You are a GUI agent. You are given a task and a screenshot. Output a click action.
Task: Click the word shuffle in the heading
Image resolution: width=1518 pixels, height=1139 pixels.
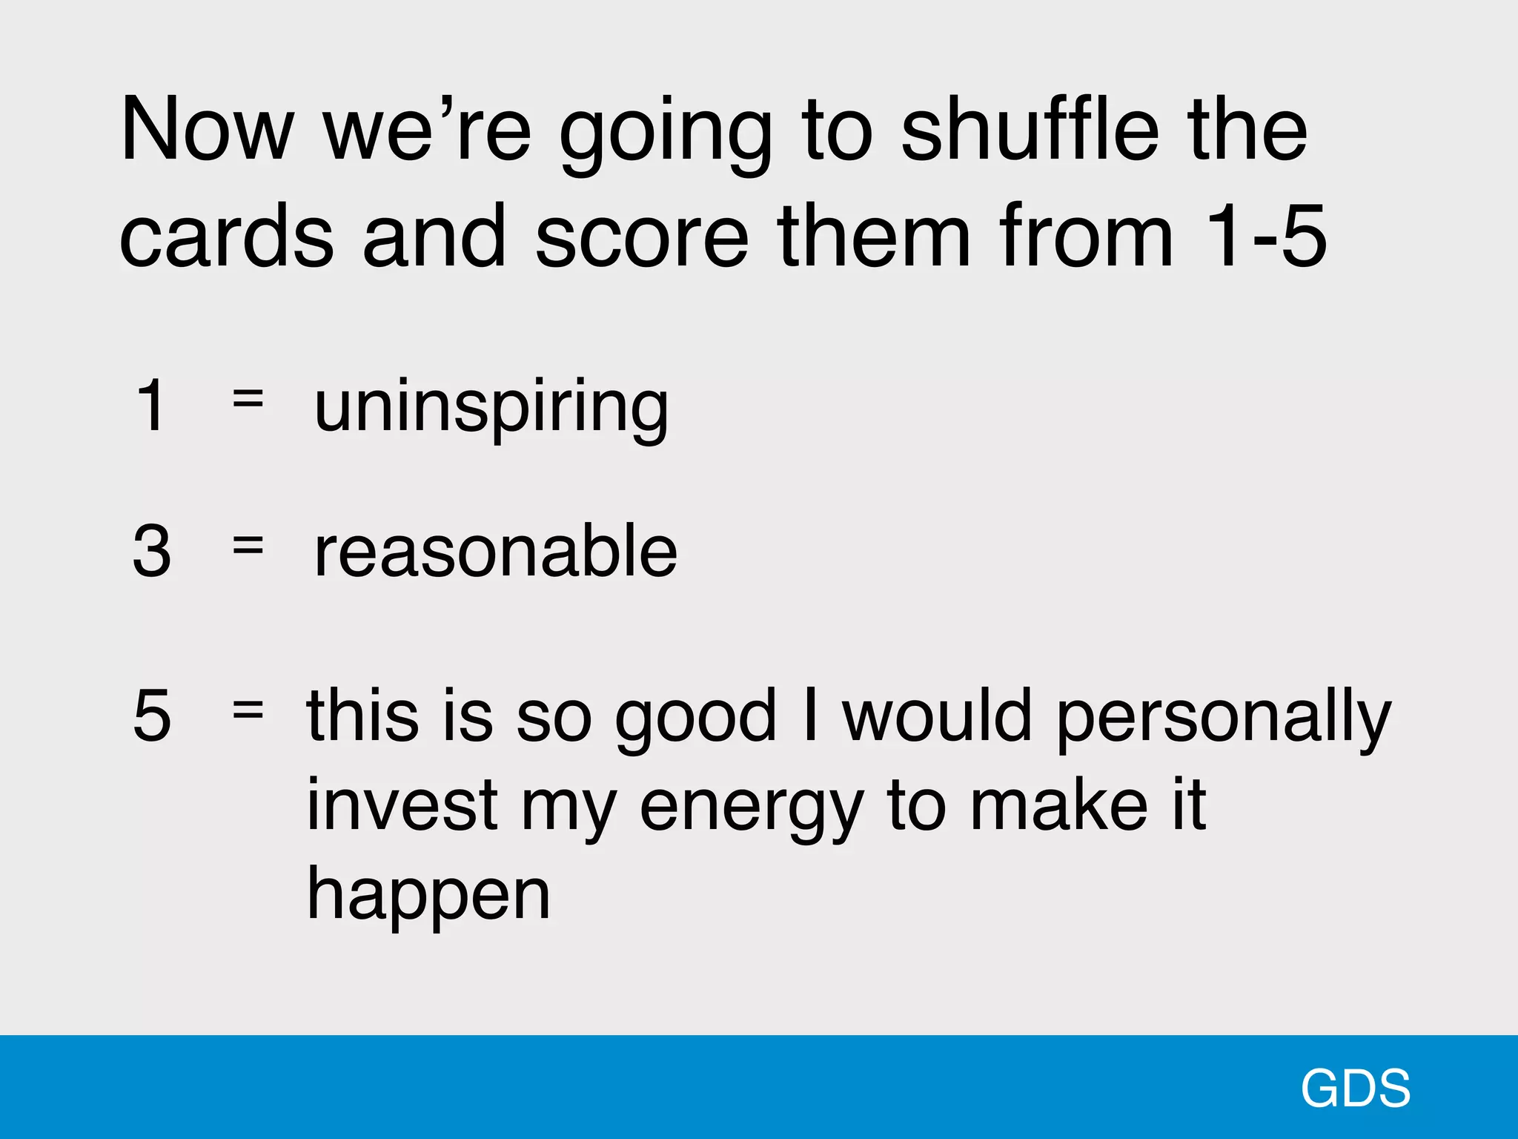coord(1030,131)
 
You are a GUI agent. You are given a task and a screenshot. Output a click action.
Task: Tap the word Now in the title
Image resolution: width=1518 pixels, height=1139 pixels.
coord(207,131)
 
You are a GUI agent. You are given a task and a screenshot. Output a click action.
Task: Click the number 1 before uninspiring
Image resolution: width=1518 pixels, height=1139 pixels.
coord(151,406)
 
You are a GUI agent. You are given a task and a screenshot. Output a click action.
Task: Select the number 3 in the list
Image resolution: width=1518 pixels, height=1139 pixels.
coord(152,551)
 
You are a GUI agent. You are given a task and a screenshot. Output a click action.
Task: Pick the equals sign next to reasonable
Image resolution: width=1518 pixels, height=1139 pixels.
coord(248,545)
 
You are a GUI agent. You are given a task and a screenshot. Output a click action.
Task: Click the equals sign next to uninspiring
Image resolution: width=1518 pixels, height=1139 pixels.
coord(248,398)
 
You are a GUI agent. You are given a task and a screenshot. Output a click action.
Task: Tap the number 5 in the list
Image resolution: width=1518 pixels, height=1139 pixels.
coord(152,716)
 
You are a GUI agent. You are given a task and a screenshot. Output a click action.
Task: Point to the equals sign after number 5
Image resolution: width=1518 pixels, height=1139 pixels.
coord(248,710)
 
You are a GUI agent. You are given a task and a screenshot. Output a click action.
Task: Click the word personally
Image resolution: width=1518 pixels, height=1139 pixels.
coord(1223,718)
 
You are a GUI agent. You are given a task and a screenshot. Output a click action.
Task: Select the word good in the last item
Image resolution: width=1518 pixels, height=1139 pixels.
coord(695,718)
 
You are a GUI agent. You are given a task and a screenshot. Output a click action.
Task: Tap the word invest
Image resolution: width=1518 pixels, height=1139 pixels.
coord(402,806)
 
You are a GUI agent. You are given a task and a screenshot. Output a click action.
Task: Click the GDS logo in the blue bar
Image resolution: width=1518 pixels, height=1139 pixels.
coord(1355,1089)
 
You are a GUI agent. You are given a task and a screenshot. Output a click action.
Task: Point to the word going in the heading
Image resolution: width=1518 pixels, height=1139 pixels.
coord(665,133)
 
